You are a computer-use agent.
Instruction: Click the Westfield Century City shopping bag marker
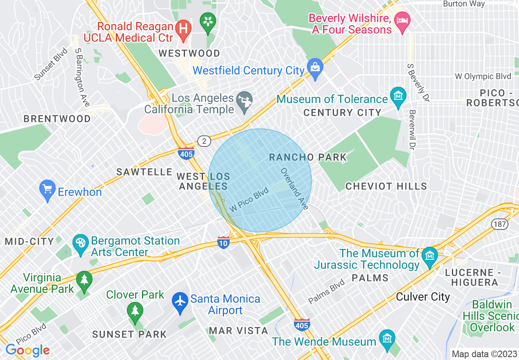(315, 68)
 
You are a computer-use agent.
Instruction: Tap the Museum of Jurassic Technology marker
(430, 256)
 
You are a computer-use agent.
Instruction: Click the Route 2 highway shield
(204, 141)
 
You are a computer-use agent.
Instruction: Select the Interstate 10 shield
(223, 242)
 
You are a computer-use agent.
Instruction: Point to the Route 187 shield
(500, 224)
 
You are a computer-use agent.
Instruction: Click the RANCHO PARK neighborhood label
(308, 157)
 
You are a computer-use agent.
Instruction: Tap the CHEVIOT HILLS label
(386, 186)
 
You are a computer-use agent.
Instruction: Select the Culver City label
(423, 297)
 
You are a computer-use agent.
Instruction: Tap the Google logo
(27, 350)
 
